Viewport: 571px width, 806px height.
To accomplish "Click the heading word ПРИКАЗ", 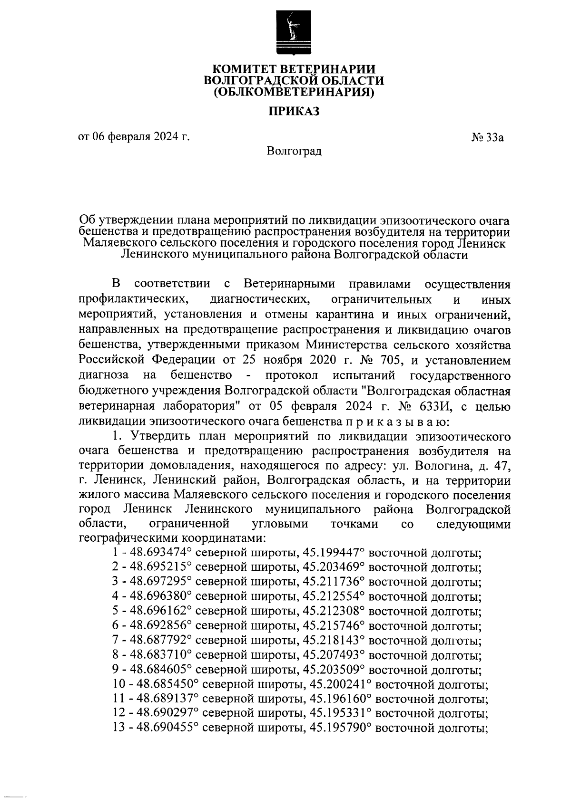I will pyautogui.click(x=293, y=112).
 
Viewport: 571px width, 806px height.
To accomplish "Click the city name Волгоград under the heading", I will pyautogui.click(x=294, y=151).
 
